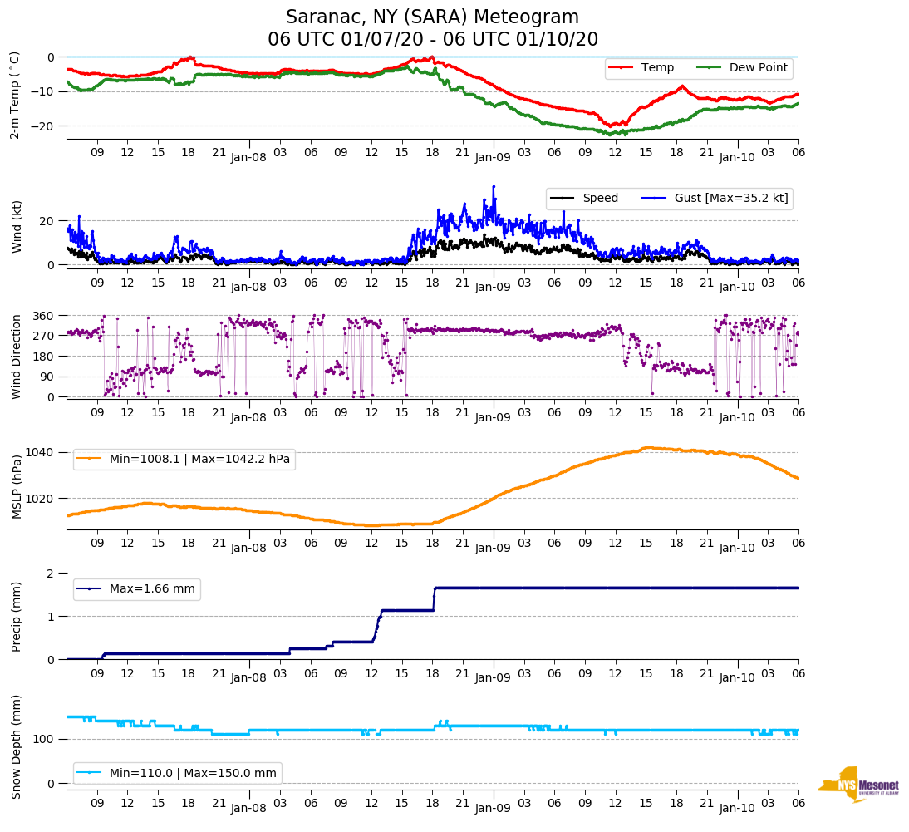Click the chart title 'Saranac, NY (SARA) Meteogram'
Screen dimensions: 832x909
click(432, 17)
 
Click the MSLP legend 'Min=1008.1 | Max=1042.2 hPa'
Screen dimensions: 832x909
click(200, 459)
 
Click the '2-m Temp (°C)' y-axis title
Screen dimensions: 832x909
click(14, 95)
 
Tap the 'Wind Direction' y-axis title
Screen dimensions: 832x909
click(16, 357)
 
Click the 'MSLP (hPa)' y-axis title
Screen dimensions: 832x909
click(16, 487)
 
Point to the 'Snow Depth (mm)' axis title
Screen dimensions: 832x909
click(16, 746)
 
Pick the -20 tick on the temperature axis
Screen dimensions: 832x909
click(44, 126)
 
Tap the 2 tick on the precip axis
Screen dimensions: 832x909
click(51, 574)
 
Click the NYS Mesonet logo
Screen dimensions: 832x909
click(858, 785)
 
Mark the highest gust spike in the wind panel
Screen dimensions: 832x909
click(494, 187)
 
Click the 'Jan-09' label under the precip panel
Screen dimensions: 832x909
click(494, 678)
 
